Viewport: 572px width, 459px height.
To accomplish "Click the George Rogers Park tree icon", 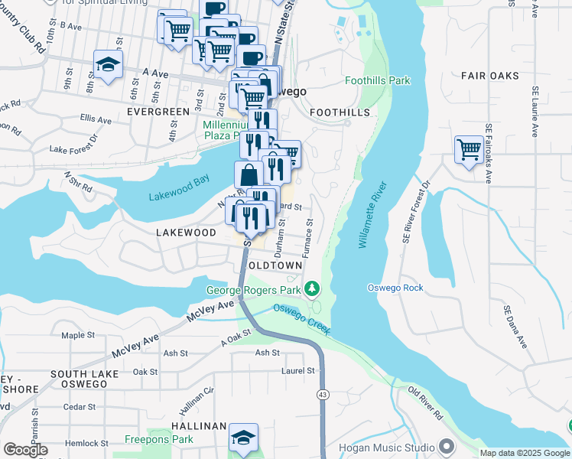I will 311,289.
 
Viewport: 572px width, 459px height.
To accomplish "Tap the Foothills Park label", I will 377,80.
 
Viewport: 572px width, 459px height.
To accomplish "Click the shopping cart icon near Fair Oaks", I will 469,148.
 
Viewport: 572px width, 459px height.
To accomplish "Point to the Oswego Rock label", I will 417,288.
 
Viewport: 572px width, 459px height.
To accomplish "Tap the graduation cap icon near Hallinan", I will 243,438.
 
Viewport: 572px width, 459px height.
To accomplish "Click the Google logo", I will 25,450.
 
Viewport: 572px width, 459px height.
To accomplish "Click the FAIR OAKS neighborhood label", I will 489,76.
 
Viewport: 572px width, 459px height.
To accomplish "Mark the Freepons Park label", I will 160,440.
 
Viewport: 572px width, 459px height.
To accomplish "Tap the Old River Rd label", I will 425,403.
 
